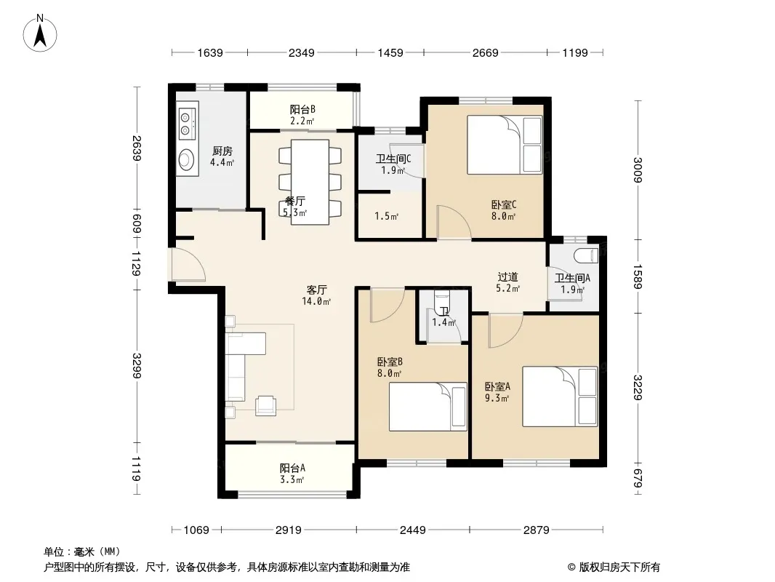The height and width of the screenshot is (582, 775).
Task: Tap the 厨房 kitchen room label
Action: coord(222,151)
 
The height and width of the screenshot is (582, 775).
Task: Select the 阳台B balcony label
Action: coord(302,109)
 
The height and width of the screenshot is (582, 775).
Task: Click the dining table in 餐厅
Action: coord(310,182)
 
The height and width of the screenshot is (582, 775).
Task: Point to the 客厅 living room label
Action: coord(316,290)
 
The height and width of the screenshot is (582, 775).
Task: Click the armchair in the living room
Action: coord(266,405)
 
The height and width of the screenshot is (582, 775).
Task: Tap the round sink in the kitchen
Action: coord(187,159)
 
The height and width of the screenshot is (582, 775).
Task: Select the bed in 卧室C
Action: coord(505,144)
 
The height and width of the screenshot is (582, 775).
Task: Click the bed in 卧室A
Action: coord(560,396)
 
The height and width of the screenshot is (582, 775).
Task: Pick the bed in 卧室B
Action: coord(428,407)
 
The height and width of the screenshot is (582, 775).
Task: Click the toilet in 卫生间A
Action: coord(587,256)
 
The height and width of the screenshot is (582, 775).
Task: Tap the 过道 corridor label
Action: coord(507,277)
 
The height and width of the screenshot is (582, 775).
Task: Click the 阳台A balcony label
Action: coord(292,468)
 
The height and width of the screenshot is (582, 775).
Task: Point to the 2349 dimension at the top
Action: coord(302,52)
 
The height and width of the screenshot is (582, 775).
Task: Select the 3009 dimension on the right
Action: coord(638,170)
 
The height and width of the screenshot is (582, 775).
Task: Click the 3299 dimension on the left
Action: coord(137,366)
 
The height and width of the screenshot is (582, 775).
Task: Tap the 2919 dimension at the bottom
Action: coord(289,530)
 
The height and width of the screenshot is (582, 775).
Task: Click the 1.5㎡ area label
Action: coord(387,216)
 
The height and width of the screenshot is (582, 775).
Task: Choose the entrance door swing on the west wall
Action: coord(187,265)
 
